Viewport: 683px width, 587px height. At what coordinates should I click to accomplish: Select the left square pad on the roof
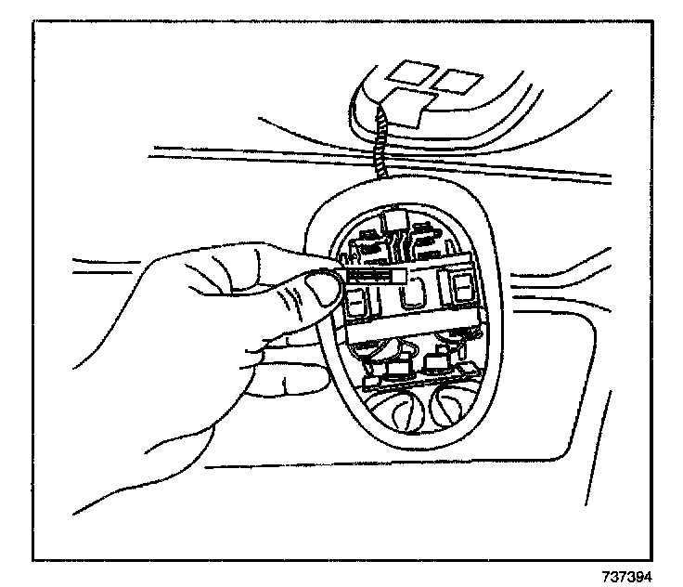coord(406,72)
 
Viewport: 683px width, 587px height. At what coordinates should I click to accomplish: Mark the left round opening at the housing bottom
coord(397,409)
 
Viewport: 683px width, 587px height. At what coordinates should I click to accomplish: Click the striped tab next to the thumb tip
coord(376,276)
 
